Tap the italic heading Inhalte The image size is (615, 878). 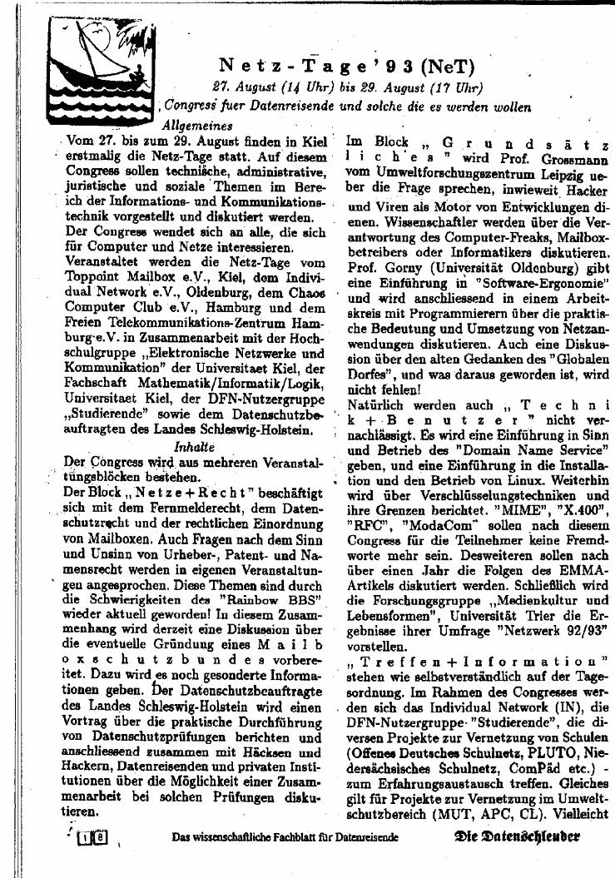(x=192, y=447)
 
